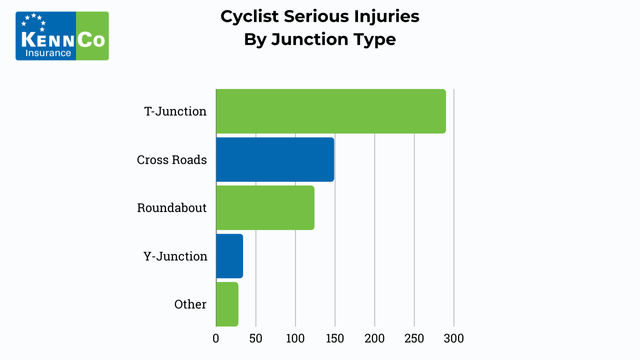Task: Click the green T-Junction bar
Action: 330,111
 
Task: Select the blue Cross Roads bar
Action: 275,159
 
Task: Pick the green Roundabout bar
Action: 265,207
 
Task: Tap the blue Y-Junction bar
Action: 229,256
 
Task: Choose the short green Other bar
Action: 227,304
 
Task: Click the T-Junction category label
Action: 175,111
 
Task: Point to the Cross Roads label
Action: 172,160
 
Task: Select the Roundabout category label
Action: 172,208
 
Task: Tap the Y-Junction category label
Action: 175,256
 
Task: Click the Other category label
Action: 189,304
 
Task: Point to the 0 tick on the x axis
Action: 216,338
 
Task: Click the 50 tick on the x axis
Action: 255,338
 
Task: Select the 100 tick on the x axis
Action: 295,338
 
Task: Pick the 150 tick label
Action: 335,338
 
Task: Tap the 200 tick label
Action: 374,338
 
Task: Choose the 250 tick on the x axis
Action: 414,338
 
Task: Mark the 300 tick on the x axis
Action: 454,338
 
